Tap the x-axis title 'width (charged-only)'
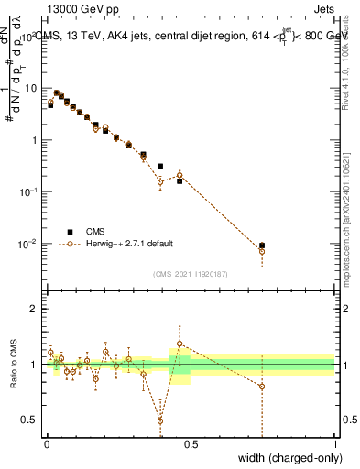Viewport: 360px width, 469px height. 285,458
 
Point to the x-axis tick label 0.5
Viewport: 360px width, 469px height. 191,443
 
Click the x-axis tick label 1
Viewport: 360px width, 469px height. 335,443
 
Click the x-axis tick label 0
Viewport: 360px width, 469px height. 46,443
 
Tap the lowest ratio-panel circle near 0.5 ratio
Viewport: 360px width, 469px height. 160,420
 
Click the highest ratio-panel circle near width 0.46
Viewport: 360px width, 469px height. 180,344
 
